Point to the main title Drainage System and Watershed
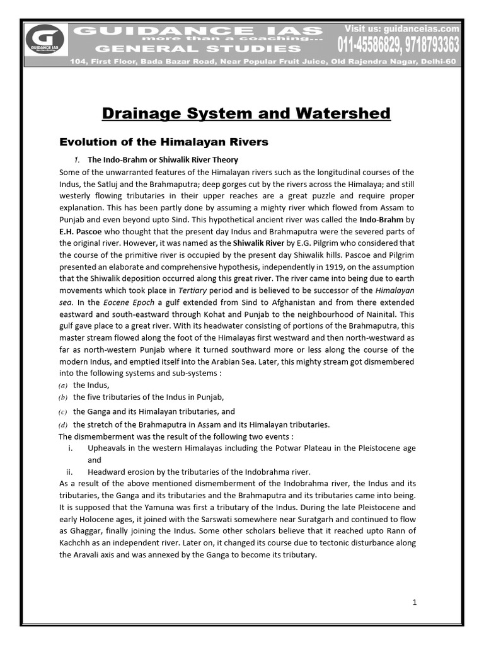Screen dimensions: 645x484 [246, 113]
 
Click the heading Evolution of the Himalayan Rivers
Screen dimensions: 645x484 [164, 142]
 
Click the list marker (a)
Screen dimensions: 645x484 [63, 385]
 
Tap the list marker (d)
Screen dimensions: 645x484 [63, 425]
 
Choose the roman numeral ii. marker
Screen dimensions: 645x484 [69, 472]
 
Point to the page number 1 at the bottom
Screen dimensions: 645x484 [414, 602]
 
